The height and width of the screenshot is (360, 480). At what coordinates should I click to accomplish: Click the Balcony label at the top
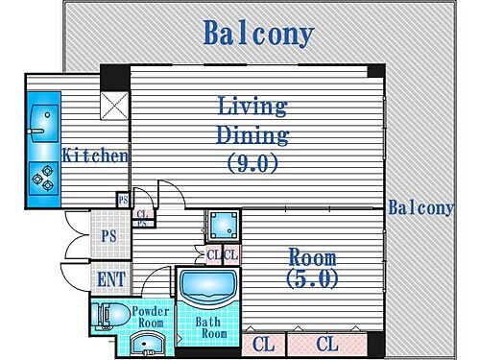tap(258, 35)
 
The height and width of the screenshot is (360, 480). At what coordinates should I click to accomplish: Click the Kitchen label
tap(95, 155)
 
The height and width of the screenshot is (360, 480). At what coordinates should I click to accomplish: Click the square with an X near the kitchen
tap(114, 107)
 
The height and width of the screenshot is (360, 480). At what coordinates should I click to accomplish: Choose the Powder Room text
tap(151, 318)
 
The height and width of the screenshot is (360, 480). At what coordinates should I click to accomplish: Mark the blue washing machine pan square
tap(224, 226)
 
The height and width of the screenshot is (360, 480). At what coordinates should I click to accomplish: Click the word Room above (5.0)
tap(312, 257)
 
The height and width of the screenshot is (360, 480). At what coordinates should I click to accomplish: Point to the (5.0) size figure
tap(312, 279)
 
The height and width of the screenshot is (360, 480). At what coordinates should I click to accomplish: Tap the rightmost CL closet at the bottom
tap(327, 342)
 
